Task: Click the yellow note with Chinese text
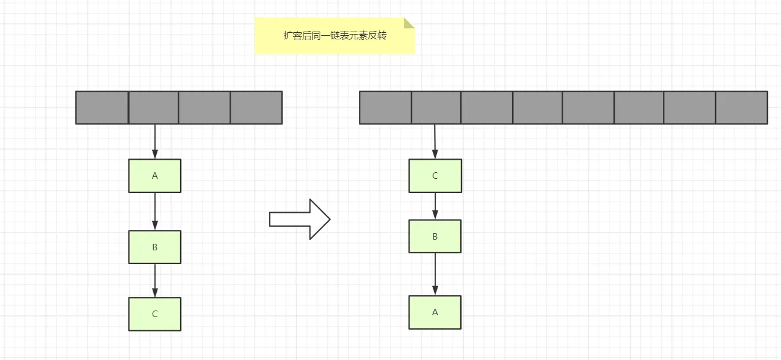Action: tap(334, 36)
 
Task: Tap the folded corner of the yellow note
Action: tap(409, 23)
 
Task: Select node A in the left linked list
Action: tap(154, 176)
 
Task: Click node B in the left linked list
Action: tap(154, 247)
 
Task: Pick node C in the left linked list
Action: tap(154, 314)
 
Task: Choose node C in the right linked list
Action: tap(435, 176)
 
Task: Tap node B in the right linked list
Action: tap(435, 237)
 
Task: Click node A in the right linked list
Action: tap(435, 312)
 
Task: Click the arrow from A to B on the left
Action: tap(155, 211)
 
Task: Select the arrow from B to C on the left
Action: tap(155, 280)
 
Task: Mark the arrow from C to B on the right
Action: tap(435, 206)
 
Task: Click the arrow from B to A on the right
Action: tap(435, 274)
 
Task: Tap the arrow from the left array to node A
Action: tap(155, 141)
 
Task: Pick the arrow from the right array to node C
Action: tap(435, 141)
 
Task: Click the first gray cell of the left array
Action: tap(102, 107)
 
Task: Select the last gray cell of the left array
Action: tap(256, 107)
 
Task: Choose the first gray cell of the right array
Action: tap(385, 107)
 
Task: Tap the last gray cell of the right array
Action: tap(741, 107)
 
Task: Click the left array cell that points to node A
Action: tap(154, 107)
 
